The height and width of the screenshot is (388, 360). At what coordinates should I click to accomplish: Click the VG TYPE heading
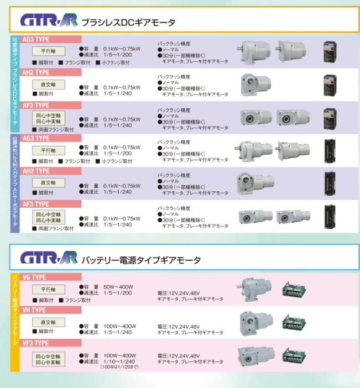click(x=35, y=277)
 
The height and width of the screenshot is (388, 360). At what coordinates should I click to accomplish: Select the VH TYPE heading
click(x=35, y=310)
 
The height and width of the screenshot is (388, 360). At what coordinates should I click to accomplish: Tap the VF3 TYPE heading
click(x=36, y=343)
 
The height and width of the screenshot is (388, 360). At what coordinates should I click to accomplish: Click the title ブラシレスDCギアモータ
click(x=128, y=23)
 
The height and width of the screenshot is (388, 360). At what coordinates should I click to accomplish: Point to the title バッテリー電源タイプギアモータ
click(x=141, y=259)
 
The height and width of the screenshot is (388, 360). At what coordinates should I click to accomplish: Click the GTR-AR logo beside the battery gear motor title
click(x=50, y=259)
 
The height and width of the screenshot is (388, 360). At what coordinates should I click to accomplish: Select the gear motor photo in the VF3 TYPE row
click(x=256, y=355)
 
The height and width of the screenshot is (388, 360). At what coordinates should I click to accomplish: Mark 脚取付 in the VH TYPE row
click(x=44, y=332)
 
